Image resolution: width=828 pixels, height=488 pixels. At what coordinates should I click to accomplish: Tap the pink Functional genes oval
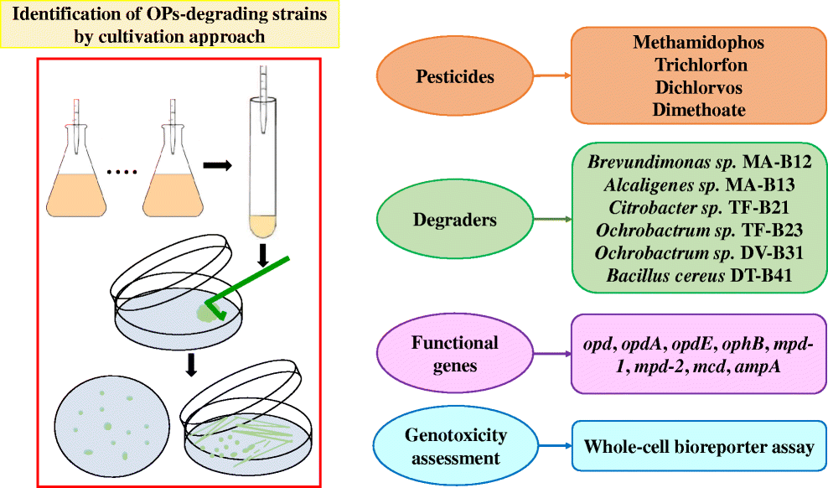pyautogui.click(x=455, y=354)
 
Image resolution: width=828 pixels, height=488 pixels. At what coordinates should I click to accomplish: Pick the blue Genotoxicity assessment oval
pyautogui.click(x=453, y=446)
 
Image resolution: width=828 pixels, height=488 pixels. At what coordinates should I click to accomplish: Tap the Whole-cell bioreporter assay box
pyautogui.click(x=698, y=447)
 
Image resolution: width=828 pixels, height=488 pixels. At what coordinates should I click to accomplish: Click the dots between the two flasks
pyautogui.click(x=122, y=174)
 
